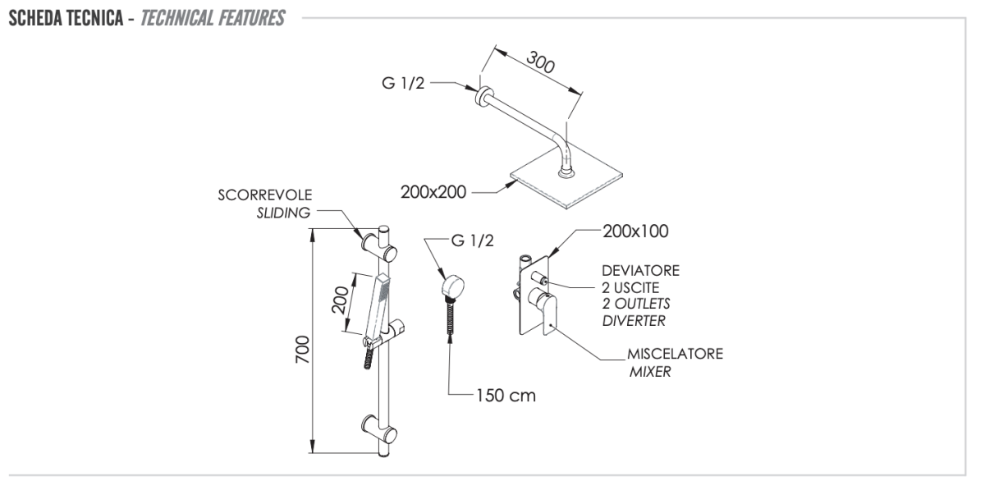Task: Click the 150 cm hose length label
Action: pos(505,396)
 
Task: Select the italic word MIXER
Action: pos(650,371)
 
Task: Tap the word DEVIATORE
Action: pos(640,270)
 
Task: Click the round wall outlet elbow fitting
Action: pos(451,286)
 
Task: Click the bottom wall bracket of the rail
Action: pos(381,429)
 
